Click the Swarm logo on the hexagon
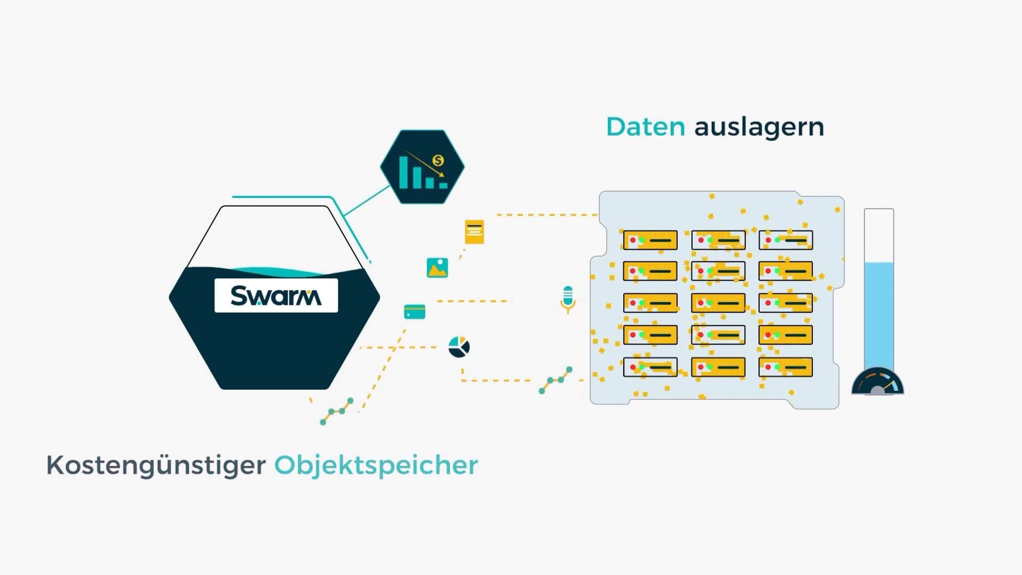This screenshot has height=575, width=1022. click(x=276, y=295)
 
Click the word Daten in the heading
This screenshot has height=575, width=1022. click(x=645, y=127)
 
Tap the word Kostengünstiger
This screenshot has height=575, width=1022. click(x=156, y=466)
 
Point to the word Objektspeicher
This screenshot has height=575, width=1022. click(x=376, y=466)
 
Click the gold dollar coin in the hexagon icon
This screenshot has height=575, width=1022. click(x=438, y=160)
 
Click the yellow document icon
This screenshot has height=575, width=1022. click(x=474, y=232)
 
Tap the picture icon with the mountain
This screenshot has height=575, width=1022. click(x=437, y=268)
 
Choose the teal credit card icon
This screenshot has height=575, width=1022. click(x=415, y=311)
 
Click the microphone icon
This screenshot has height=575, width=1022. click(x=568, y=299)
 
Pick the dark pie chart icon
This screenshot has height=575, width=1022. click(x=459, y=347)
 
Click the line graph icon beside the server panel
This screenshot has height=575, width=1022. click(x=556, y=380)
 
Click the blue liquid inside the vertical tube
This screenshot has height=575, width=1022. click(x=879, y=314)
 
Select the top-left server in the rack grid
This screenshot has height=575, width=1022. click(x=650, y=240)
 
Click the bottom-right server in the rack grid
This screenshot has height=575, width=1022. click(x=786, y=367)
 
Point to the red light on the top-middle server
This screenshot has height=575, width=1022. click(x=701, y=240)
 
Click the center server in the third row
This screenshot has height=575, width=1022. click(x=718, y=303)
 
